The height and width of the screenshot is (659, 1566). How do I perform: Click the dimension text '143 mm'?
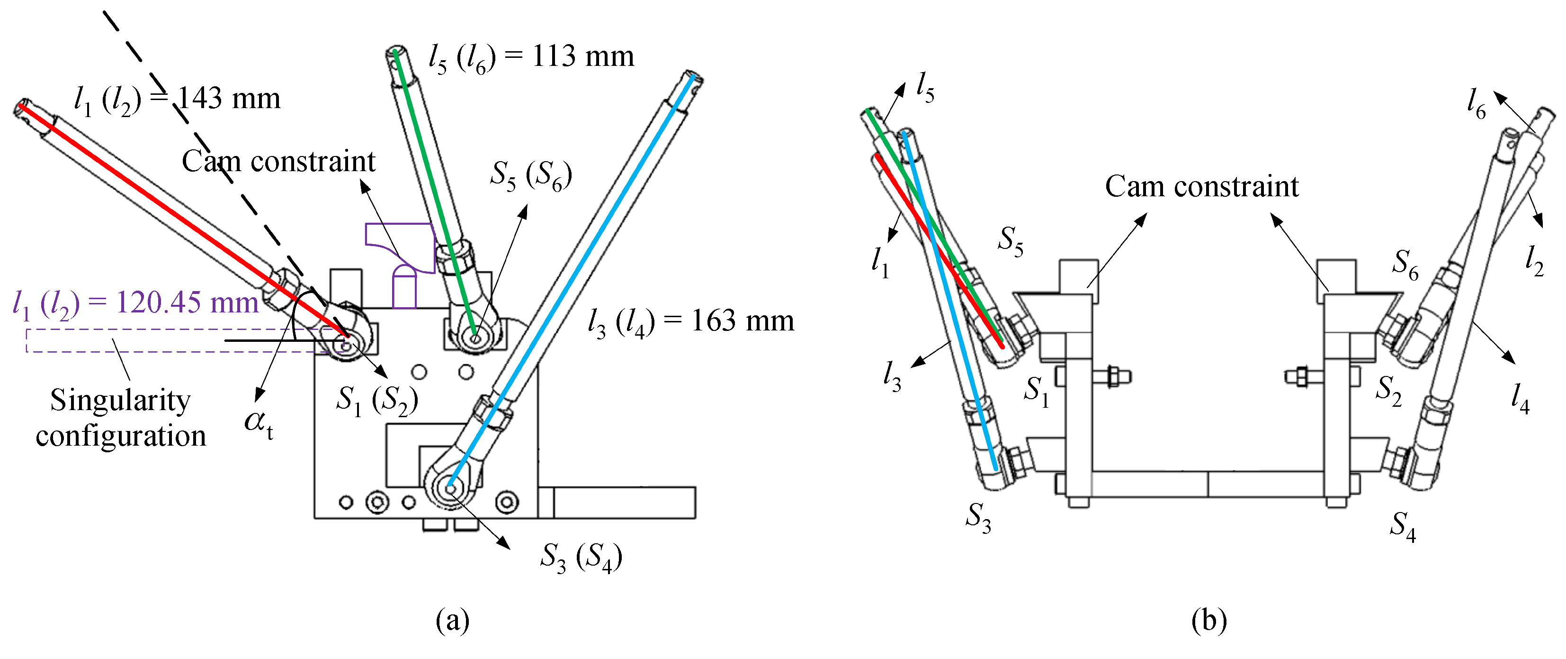pos(229,99)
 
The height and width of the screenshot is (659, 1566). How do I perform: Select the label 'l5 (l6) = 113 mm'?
pos(531,59)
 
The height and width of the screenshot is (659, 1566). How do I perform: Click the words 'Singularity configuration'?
pos(120,418)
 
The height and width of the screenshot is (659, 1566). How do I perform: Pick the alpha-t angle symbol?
pos(259,423)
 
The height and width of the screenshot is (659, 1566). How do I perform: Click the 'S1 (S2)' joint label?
pos(377,402)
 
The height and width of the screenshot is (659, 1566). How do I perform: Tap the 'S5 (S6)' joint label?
pos(531,176)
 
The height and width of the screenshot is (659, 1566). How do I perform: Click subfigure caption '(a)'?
pos(453,621)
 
